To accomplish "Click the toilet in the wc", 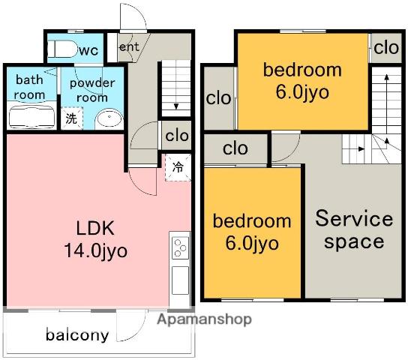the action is [62, 49].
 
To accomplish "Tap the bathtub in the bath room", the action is [31, 116].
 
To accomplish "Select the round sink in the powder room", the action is [109, 119].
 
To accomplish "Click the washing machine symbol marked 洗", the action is [72, 118].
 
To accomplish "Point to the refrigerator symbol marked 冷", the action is [178, 167].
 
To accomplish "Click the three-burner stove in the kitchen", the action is [180, 248].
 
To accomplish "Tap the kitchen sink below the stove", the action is [180, 280].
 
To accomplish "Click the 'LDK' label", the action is [95, 228].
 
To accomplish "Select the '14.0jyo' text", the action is [95, 250].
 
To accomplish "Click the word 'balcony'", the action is [77, 335].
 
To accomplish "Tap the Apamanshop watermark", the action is [204, 319].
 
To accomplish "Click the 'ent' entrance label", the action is [129, 46].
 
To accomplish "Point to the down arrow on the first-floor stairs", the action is [176, 106].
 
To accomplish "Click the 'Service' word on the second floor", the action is [354, 219].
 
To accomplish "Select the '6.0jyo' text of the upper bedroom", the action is [302, 92].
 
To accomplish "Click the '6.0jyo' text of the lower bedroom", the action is [252, 243].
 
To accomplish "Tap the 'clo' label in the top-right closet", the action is [386, 48].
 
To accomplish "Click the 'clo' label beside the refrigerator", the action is [177, 136].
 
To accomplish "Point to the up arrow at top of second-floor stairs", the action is [387, 77].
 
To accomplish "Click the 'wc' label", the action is [89, 50].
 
